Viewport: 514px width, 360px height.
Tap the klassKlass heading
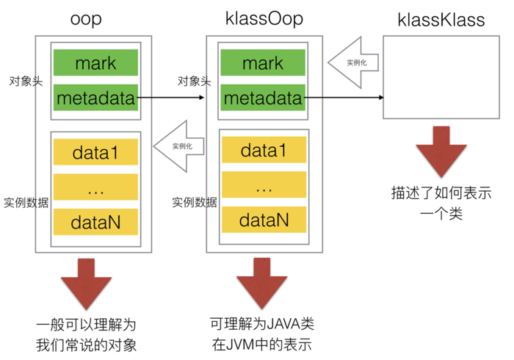coord(441,20)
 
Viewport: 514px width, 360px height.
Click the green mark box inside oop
coord(95,63)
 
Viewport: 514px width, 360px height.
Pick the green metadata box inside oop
coord(95,97)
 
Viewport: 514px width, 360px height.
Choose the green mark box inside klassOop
coord(263,63)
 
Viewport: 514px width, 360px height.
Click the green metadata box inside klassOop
coord(263,97)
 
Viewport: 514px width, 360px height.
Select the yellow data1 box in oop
coord(95,152)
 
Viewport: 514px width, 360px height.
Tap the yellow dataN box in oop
coord(95,221)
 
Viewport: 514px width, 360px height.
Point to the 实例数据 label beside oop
coord(26,203)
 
